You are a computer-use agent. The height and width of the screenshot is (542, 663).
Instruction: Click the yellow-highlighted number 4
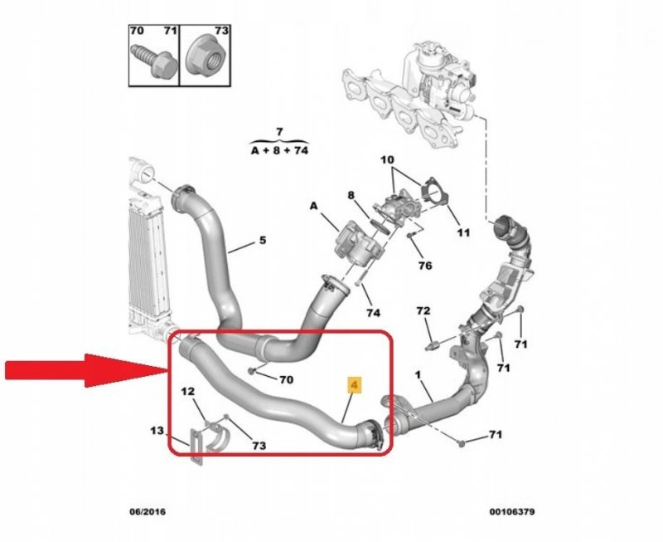(x=354, y=385)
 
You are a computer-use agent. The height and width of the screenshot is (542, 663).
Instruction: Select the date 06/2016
(x=147, y=512)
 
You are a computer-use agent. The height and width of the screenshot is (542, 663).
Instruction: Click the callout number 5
(x=262, y=241)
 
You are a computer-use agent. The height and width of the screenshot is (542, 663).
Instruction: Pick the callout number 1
(x=419, y=375)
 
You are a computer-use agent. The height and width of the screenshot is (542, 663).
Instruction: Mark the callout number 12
(x=188, y=391)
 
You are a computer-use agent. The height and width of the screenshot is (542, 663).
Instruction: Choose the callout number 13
(x=157, y=431)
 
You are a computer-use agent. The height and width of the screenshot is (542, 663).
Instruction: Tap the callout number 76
(x=424, y=266)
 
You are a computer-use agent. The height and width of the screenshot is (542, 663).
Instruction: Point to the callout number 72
(x=423, y=310)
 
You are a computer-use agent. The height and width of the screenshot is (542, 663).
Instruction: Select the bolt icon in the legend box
(x=149, y=62)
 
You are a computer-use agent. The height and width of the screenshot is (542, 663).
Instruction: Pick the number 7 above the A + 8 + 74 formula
(x=279, y=132)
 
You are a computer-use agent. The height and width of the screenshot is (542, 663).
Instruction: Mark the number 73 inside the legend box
(x=220, y=31)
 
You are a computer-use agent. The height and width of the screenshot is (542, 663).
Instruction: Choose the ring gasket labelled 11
(x=431, y=190)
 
